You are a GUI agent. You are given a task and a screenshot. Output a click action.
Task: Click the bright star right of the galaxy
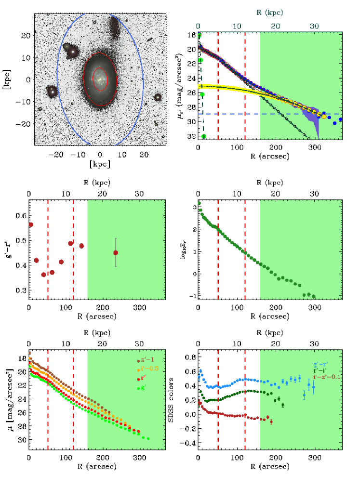coord(157,97)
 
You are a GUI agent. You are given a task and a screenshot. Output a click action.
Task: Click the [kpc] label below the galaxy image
coord(100,164)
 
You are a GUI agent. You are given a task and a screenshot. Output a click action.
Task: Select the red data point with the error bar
coord(116,252)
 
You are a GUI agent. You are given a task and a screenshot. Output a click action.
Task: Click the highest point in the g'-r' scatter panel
coord(31,224)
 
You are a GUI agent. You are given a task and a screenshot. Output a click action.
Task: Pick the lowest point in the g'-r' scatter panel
coord(43,275)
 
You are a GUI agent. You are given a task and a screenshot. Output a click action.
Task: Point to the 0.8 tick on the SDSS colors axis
coord(191,357)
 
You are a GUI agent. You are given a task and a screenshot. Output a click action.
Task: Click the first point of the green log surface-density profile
coord(199,203)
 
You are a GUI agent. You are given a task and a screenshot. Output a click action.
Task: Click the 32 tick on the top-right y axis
coord(191,137)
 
